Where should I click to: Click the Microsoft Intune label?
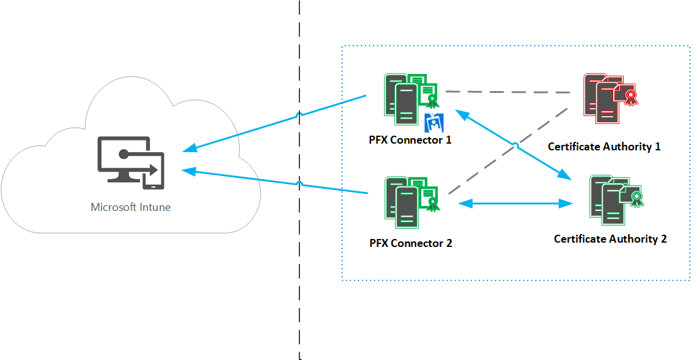130,207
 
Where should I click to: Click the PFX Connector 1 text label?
411,140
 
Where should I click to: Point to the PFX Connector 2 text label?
411,243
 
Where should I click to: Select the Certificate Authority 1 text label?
604,147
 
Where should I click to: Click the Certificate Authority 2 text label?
610,239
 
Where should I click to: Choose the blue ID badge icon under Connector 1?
433,122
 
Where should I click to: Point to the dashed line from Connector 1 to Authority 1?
507,92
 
